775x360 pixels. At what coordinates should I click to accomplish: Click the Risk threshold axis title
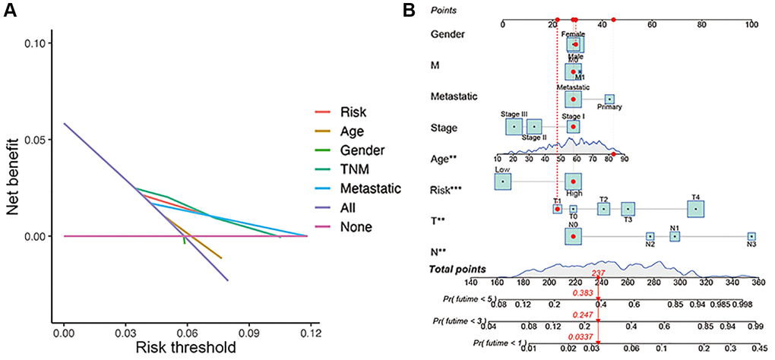181,348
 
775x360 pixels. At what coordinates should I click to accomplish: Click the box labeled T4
695,209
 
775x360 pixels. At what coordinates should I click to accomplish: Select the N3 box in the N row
751,237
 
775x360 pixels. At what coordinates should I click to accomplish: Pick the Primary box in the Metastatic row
609,99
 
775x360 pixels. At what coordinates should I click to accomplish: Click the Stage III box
514,125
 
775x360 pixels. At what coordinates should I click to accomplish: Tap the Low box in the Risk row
502,182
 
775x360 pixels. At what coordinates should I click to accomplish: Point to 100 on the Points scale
751,24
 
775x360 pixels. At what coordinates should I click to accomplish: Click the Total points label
458,269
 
